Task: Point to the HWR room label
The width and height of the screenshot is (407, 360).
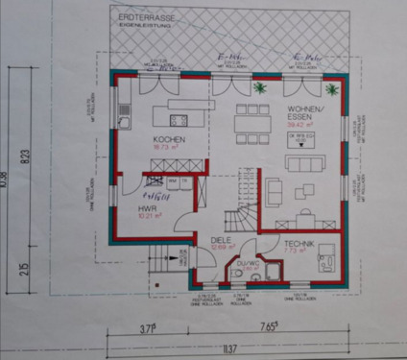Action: tap(147, 207)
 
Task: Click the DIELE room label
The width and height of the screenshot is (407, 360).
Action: tap(222, 244)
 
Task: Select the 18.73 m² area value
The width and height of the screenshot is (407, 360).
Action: tap(168, 147)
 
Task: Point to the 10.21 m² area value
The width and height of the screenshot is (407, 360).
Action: tap(147, 216)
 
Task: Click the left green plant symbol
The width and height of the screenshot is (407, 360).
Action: tap(259, 87)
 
